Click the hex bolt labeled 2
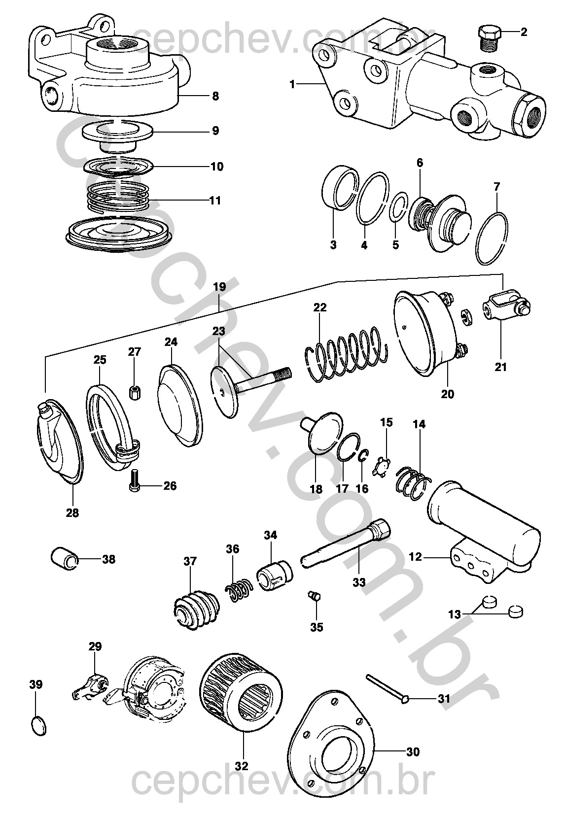point(488,36)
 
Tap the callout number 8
point(215,96)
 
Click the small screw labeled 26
point(135,480)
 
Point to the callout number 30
point(413,751)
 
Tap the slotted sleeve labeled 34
point(275,575)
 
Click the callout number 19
point(219,287)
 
